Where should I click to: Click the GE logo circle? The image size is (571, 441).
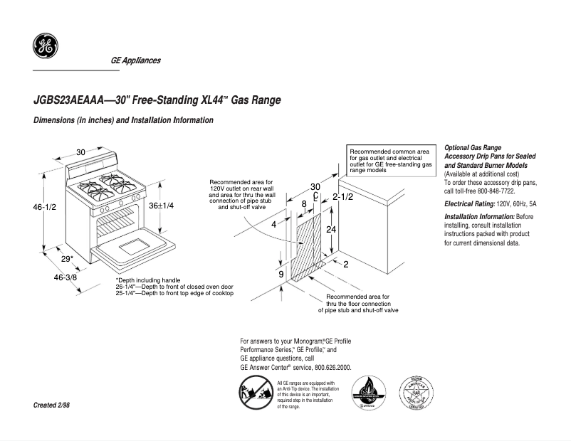[45, 46]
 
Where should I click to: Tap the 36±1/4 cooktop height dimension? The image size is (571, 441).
[162, 205]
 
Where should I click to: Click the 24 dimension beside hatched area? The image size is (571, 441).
[330, 230]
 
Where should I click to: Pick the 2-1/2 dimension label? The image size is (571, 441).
[342, 196]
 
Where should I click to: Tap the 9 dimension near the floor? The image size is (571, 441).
[281, 274]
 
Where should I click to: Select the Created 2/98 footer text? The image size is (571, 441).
[52, 405]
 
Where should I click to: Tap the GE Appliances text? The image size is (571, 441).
[135, 60]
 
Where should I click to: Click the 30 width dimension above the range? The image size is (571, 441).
[80, 152]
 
